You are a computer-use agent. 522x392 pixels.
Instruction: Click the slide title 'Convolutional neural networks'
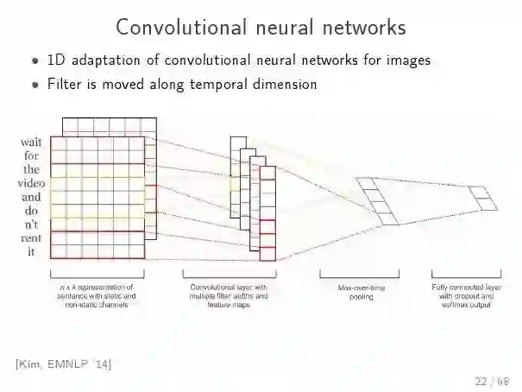click(261, 27)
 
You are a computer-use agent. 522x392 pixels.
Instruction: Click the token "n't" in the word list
click(30, 224)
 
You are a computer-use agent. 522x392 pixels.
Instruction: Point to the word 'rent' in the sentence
click(30, 237)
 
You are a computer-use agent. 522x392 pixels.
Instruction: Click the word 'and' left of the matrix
click(30, 197)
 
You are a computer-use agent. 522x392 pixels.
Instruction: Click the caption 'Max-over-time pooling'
click(359, 291)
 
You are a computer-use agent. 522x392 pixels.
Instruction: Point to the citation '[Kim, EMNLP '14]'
click(63, 363)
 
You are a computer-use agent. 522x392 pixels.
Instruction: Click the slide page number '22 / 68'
click(491, 381)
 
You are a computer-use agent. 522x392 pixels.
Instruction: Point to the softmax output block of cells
click(486, 199)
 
